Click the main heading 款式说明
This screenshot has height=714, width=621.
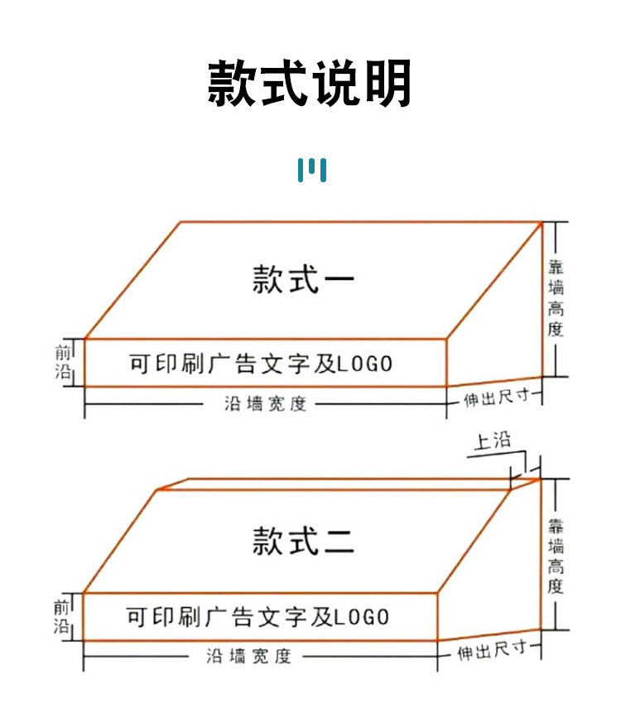click(x=310, y=83)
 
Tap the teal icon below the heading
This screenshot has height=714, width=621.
click(x=311, y=170)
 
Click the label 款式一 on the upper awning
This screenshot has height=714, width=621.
click(x=303, y=280)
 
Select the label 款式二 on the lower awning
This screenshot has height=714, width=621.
click(x=303, y=542)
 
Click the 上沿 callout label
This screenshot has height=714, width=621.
click(x=492, y=441)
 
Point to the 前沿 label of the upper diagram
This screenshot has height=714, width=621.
click(x=65, y=362)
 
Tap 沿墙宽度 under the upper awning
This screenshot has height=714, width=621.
click(x=265, y=404)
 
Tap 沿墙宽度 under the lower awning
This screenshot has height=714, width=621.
click(x=249, y=657)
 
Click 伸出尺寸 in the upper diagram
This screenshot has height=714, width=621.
click(x=496, y=398)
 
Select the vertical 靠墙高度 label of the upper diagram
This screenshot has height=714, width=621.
click(x=556, y=298)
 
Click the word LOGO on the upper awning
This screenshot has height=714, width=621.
click(x=365, y=364)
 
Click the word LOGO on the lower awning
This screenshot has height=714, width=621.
click(x=362, y=617)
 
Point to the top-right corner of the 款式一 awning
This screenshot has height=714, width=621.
click(x=542, y=222)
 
